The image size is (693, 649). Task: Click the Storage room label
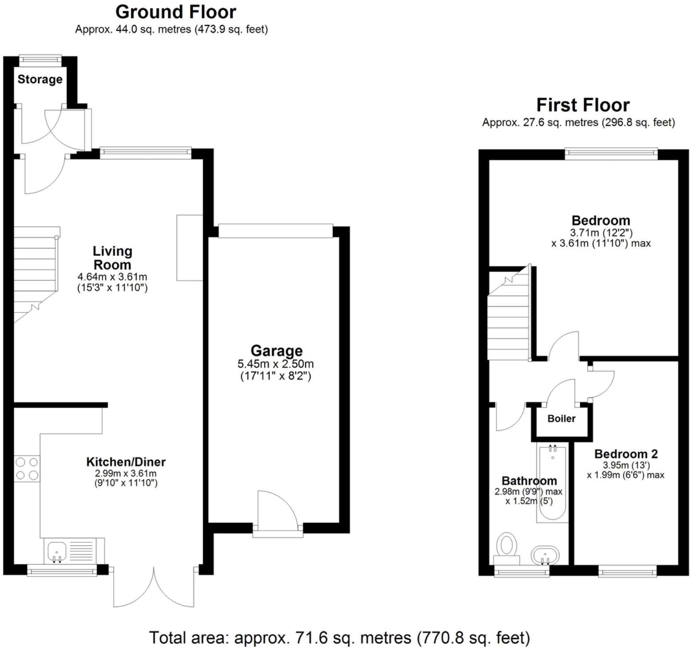click(40, 79)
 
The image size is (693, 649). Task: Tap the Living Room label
click(112, 258)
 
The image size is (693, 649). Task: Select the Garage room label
click(276, 351)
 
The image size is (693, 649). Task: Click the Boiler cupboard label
click(561, 418)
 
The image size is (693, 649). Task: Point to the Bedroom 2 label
click(625, 454)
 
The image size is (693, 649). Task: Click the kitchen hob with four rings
click(27, 469)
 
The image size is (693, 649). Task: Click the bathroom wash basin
click(545, 555)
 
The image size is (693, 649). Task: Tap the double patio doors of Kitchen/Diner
click(154, 587)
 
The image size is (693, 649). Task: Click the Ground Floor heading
click(176, 12)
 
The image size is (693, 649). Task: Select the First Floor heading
click(583, 105)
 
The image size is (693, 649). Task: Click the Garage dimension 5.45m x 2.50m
click(275, 364)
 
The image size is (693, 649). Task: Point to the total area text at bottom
click(339, 638)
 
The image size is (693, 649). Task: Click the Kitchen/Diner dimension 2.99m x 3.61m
click(126, 474)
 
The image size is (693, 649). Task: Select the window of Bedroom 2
click(627, 571)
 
